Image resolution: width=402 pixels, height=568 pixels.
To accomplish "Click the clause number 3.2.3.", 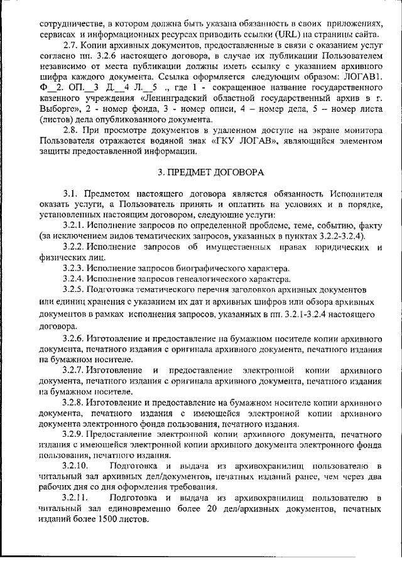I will pos(75,267).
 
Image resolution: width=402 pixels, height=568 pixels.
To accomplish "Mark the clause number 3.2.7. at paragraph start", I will pos(75,369).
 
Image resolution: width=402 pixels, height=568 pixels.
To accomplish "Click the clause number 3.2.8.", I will pos(75,402).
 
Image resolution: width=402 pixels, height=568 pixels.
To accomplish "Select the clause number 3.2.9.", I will pos(75,434).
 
